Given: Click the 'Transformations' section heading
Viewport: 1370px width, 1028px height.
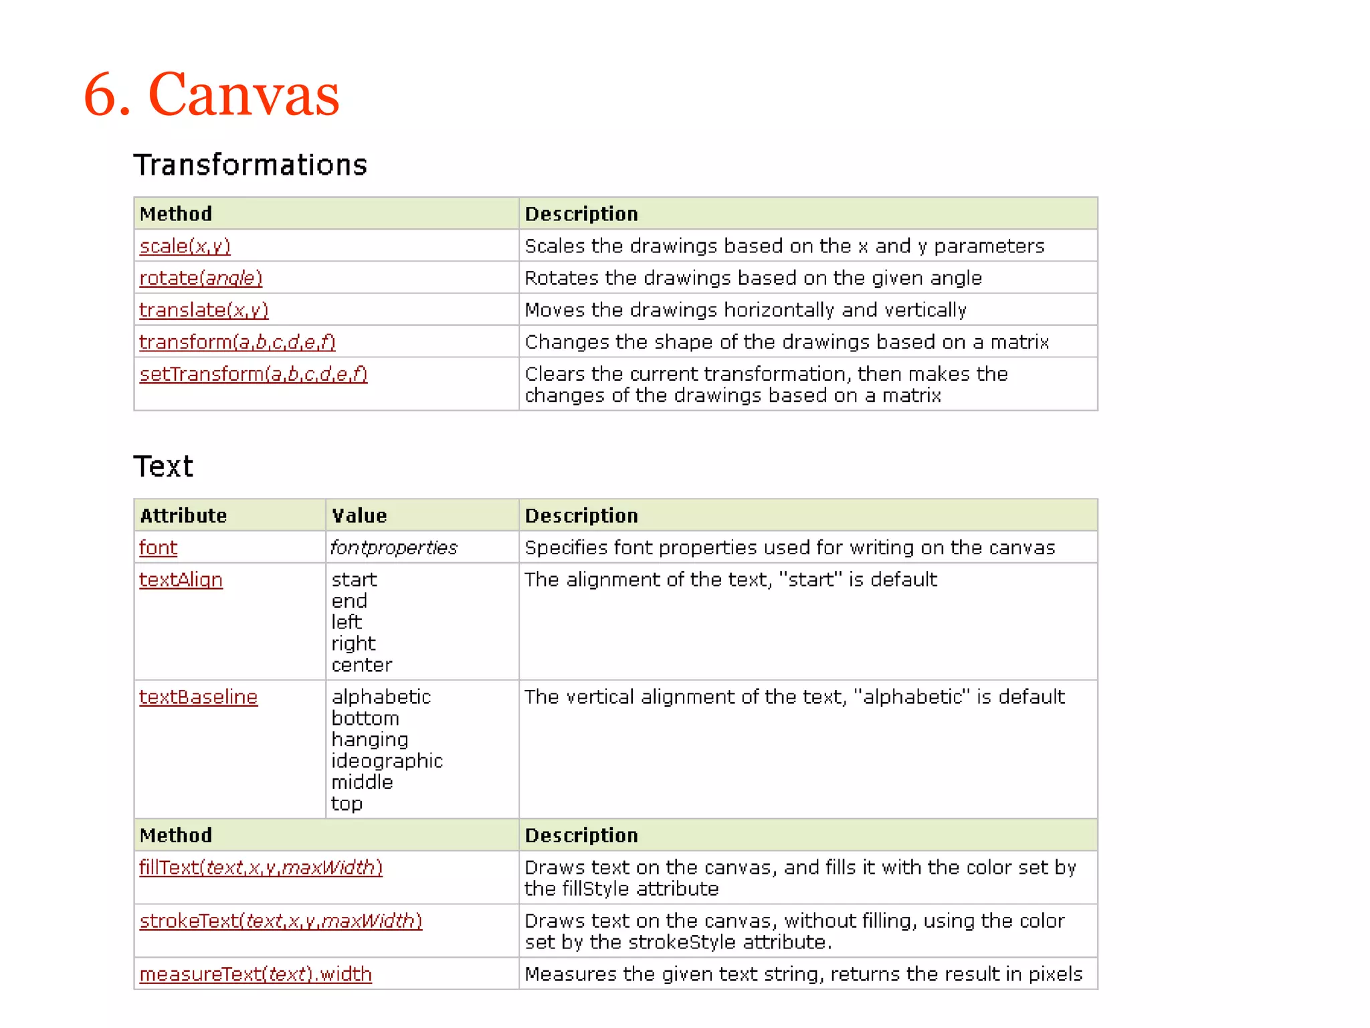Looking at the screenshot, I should click(x=250, y=165).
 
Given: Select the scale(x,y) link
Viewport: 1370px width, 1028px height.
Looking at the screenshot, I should click(x=185, y=246).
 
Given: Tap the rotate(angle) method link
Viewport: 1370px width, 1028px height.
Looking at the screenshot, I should click(x=201, y=278).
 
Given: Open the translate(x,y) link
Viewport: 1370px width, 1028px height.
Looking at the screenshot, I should click(x=203, y=311).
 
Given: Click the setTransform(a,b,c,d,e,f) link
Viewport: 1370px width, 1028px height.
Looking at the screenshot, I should click(x=254, y=374).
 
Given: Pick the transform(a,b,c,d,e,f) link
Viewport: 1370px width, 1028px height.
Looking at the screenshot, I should click(x=237, y=342).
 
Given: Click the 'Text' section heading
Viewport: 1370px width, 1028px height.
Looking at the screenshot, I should click(x=163, y=466).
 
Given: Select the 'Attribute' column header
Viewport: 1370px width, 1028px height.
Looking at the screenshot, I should click(x=183, y=515).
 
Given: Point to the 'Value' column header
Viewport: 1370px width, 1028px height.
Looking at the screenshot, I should click(x=359, y=515).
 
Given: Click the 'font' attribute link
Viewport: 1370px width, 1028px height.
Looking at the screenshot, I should click(x=158, y=547).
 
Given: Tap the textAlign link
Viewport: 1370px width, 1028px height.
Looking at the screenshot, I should click(x=181, y=580).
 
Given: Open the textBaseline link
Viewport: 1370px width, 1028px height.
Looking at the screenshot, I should click(x=198, y=697).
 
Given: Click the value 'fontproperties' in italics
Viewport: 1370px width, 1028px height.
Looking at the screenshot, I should click(x=394, y=547).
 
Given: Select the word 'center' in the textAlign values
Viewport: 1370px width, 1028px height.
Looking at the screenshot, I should click(x=362, y=665).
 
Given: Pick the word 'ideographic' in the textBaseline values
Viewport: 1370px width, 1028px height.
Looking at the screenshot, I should click(x=387, y=761).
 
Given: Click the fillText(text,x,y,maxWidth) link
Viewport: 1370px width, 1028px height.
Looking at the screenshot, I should click(x=260, y=867).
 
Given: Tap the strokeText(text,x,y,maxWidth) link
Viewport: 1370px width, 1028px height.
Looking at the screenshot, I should click(x=280, y=921).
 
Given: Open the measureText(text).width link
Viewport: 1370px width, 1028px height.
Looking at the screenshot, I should click(x=255, y=974).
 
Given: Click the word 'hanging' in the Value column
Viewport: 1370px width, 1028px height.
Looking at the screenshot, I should click(x=370, y=740).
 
